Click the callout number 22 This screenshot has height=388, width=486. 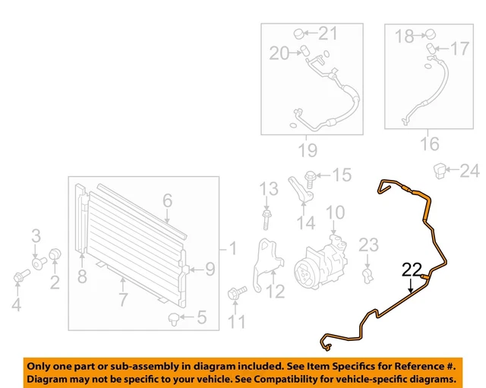[x=411, y=269]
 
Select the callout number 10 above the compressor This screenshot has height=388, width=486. [x=335, y=213]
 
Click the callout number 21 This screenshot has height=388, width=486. [x=327, y=33]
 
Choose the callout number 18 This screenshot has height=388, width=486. [x=405, y=35]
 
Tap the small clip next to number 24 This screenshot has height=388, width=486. [x=440, y=169]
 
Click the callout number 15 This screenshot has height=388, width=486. [x=342, y=175]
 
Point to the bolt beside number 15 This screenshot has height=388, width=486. [x=312, y=176]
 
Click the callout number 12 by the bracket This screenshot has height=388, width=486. [x=275, y=291]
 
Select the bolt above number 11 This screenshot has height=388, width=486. [x=235, y=292]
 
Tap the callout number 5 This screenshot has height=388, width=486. [x=201, y=317]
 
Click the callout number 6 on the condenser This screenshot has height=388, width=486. [x=167, y=200]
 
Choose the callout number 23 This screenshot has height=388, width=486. [x=368, y=244]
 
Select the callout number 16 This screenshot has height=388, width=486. [x=430, y=143]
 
